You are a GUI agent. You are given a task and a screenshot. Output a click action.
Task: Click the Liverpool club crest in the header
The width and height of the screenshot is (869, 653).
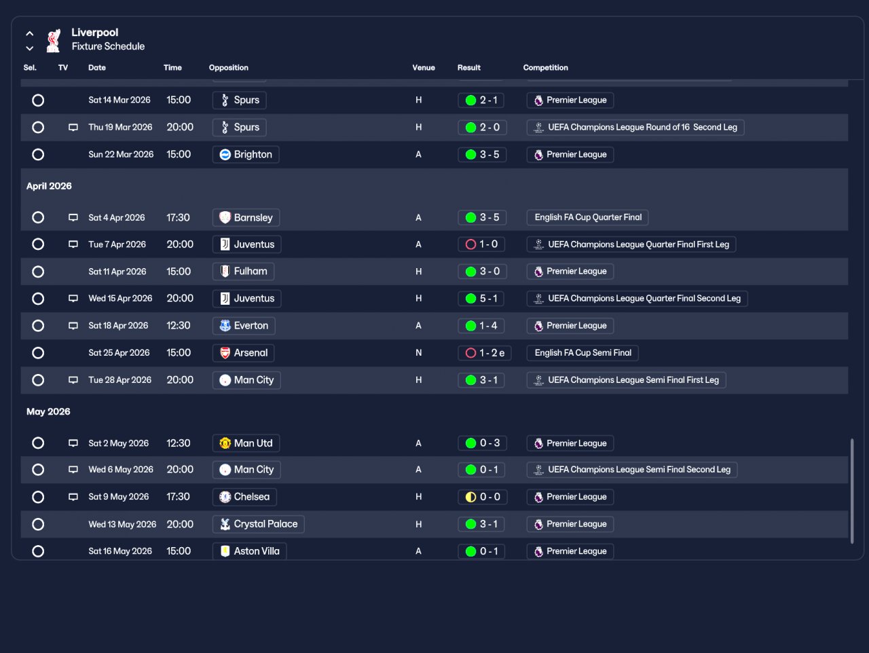[54, 40]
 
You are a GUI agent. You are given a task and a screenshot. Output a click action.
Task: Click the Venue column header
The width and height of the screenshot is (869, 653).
[424, 68]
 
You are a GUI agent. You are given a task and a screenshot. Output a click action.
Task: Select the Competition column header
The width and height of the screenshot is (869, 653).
[546, 68]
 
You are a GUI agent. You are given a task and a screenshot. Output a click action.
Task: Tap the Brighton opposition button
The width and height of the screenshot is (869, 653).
[246, 154]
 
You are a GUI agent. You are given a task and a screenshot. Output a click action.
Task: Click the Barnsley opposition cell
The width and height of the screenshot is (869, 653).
[246, 217]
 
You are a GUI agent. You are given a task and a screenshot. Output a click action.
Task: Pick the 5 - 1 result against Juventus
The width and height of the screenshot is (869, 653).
[481, 299]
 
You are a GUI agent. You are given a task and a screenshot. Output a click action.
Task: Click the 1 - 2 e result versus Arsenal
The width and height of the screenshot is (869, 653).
[485, 352]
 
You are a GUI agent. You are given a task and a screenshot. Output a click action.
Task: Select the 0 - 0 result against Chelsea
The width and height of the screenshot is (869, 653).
[483, 497]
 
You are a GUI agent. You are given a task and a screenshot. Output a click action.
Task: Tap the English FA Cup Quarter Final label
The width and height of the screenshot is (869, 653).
[587, 217]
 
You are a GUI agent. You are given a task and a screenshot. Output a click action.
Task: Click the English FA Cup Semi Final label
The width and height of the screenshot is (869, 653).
[583, 352]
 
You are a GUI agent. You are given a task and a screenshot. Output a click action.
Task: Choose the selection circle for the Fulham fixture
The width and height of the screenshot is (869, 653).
[38, 272]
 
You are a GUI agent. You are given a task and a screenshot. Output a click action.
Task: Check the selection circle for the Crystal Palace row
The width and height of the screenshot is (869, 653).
[38, 525]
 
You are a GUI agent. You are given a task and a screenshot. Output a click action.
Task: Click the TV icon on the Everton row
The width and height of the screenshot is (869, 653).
[73, 326]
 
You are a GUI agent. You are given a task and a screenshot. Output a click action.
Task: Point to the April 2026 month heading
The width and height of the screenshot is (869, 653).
[49, 186]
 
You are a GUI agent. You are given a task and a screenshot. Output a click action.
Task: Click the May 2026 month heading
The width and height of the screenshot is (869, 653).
[48, 411]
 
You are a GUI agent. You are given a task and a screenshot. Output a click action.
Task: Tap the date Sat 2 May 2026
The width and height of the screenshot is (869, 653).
[118, 443]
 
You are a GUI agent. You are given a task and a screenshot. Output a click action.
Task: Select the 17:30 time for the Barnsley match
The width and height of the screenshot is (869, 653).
[178, 217]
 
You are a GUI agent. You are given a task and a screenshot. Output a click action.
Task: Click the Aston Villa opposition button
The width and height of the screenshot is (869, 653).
[249, 551]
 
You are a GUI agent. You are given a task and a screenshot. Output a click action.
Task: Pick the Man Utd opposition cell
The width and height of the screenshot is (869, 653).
[246, 443]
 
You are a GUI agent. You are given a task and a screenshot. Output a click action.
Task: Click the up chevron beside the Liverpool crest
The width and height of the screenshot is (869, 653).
[30, 34]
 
